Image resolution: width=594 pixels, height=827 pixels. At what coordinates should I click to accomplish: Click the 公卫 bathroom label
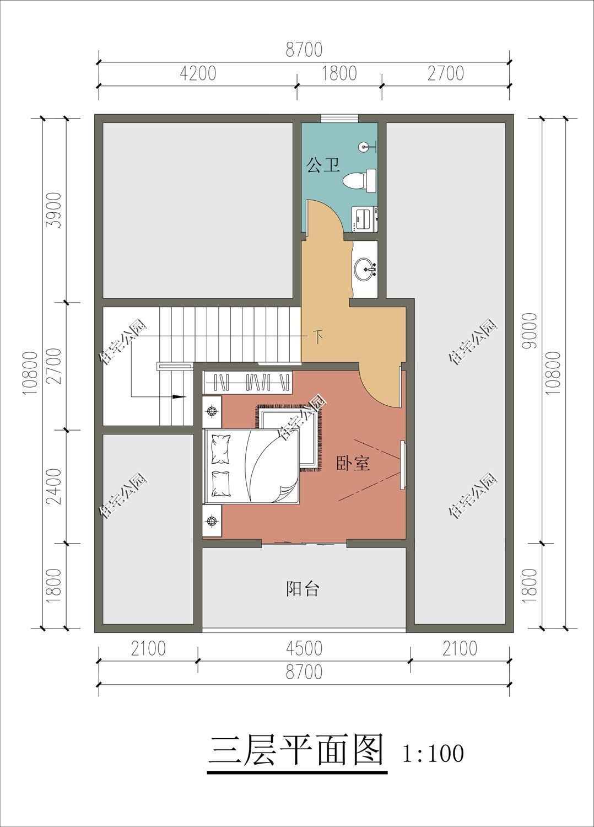point(323,165)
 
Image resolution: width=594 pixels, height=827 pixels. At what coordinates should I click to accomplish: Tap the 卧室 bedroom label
point(353,463)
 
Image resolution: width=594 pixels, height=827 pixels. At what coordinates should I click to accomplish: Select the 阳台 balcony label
point(303,589)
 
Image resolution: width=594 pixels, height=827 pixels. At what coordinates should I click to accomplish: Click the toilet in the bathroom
point(359,180)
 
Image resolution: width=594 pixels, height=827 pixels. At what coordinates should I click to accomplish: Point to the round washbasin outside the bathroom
point(364,269)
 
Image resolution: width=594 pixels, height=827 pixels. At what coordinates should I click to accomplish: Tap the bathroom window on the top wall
point(339,117)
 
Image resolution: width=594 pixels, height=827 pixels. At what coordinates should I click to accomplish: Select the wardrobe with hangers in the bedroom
point(247,382)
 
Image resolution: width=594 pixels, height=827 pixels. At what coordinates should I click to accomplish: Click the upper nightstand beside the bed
point(212,411)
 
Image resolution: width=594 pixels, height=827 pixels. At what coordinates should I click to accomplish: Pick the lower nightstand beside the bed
point(212,520)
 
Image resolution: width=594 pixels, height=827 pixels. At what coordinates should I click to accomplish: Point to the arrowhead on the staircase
point(178,396)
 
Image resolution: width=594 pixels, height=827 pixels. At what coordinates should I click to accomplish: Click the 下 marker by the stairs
point(318,336)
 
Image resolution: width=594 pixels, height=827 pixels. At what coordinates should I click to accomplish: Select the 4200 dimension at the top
point(198,73)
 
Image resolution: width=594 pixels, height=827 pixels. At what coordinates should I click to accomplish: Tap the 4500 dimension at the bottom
point(304,648)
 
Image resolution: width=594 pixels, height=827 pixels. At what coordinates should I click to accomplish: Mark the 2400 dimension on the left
point(53,486)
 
